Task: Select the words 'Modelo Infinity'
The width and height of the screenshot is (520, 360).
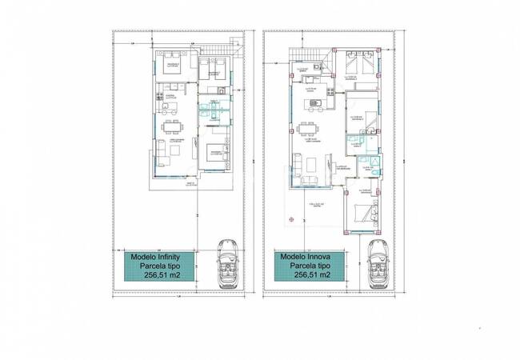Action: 155,257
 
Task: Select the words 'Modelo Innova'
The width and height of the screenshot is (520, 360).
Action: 304,257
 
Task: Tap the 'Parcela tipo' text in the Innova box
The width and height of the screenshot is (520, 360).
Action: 304,266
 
